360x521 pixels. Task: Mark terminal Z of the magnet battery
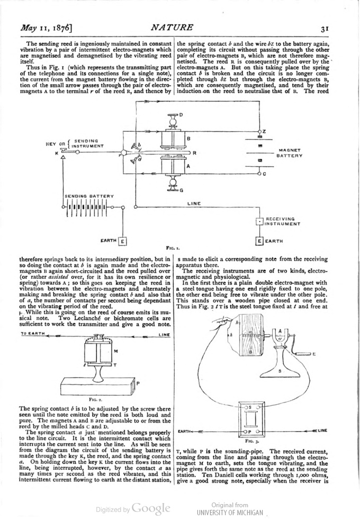pyautogui.click(x=260, y=131)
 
